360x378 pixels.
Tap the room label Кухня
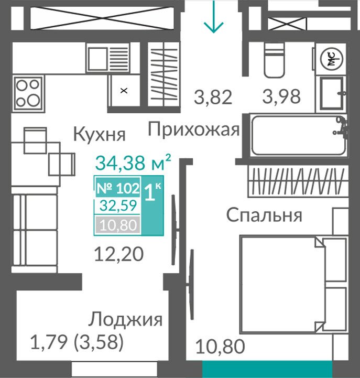(x=99, y=134)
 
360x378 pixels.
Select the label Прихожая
(x=193, y=129)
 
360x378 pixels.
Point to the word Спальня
(x=264, y=215)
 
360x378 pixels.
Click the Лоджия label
(x=125, y=320)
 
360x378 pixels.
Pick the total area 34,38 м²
(x=133, y=163)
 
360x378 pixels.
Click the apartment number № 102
(x=118, y=188)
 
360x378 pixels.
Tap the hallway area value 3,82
(x=213, y=97)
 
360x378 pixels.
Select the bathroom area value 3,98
(x=281, y=96)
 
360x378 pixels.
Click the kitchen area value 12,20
(x=119, y=254)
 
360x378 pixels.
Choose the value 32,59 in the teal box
(x=118, y=206)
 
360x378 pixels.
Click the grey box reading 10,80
(x=118, y=225)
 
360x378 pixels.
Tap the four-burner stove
(x=28, y=93)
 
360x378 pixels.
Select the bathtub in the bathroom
(x=299, y=135)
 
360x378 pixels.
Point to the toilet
(x=274, y=60)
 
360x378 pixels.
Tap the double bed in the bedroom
(x=293, y=285)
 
